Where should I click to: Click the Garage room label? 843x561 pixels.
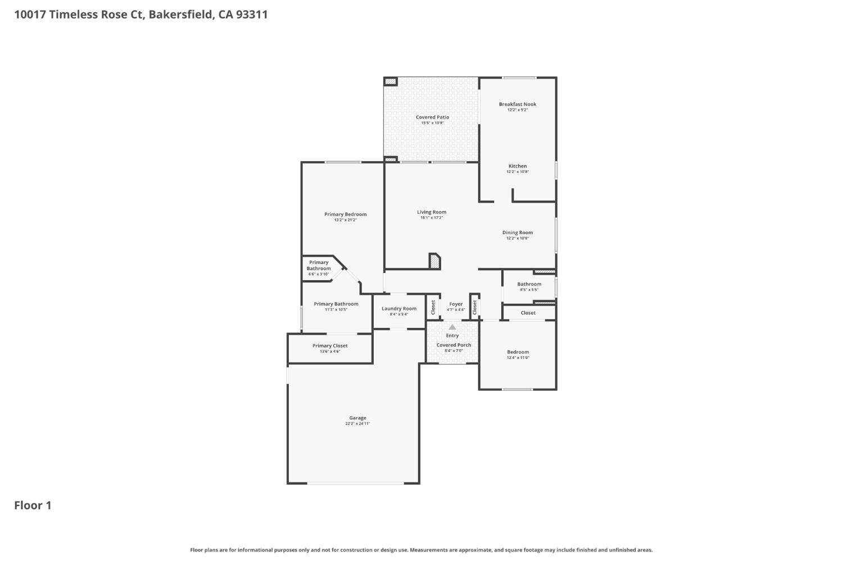tap(357, 418)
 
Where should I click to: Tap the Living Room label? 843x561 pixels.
tap(432, 212)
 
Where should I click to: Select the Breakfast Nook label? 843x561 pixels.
tap(518, 104)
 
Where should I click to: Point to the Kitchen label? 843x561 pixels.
tap(518, 166)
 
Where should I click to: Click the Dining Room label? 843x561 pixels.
tap(518, 232)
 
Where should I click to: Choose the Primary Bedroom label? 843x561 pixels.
tap(345, 214)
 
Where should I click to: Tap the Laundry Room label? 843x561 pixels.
tap(399, 308)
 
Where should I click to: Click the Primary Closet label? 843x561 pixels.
tap(330, 346)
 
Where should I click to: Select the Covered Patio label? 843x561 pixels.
tap(432, 117)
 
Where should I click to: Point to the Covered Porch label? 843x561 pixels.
tap(454, 345)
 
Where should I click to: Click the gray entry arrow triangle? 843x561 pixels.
tap(452, 327)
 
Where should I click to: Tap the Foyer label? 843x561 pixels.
tap(456, 304)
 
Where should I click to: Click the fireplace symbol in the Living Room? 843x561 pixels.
tap(434, 261)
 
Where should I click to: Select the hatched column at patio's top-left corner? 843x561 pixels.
tap(391, 81)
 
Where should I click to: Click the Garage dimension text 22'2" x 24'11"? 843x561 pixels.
tap(357, 424)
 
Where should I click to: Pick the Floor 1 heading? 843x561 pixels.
tap(33, 505)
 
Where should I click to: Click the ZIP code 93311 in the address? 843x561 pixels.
tap(252, 15)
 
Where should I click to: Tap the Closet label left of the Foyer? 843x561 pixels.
tap(433, 307)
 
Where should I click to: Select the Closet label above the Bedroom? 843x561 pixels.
tap(528, 313)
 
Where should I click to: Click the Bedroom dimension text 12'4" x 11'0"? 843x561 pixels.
tap(518, 358)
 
